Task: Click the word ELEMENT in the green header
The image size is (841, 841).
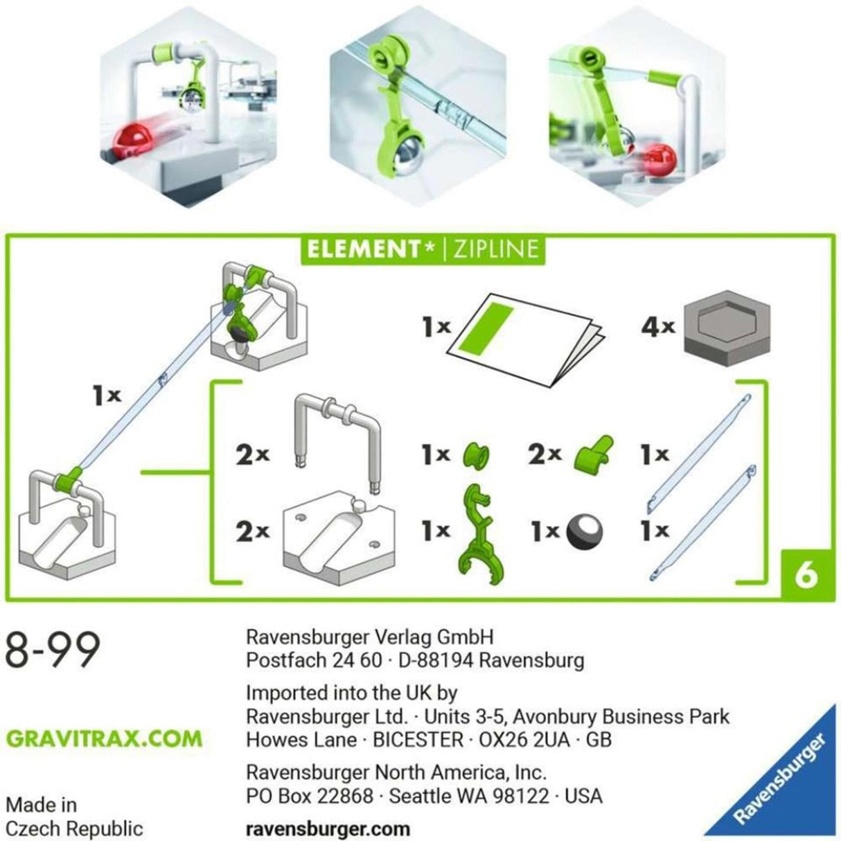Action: click(365, 249)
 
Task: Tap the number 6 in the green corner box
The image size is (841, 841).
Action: click(806, 576)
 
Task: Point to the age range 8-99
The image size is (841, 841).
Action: click(53, 650)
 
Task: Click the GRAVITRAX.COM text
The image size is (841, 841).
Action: click(104, 738)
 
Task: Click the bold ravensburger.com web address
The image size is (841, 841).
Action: click(328, 828)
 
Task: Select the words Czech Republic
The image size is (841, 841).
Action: click(74, 828)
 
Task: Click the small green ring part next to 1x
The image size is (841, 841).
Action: click(476, 455)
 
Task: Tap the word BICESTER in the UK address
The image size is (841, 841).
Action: click(418, 739)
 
